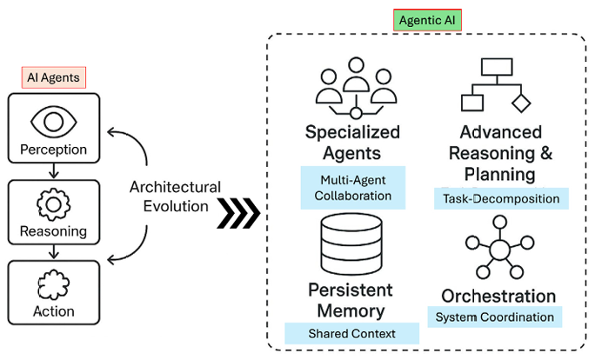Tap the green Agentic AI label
tap(426, 20)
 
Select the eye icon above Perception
tap(54, 119)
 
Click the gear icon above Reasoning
tap(54, 203)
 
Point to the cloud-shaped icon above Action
tap(54, 284)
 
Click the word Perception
tap(54, 150)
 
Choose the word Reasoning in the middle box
tap(54, 232)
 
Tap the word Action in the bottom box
tap(54, 311)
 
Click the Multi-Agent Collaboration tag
tap(352, 188)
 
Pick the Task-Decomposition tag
tap(500, 199)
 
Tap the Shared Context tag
tap(351, 333)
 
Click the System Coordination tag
tap(494, 317)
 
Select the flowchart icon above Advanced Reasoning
tap(495, 84)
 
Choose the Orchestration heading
tap(498, 296)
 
